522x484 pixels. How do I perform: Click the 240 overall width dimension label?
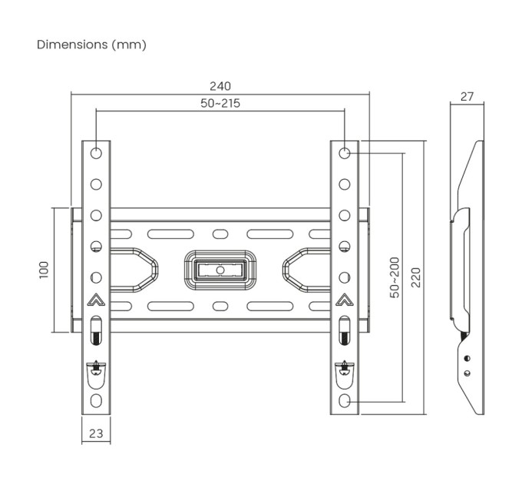(x=220, y=86)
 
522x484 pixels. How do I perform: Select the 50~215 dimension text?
(x=220, y=103)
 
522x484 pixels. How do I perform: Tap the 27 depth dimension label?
(x=467, y=97)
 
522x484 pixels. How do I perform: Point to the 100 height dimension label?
(x=44, y=269)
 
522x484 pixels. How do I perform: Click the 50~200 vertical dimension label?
(x=395, y=277)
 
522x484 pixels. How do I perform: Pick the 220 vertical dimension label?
(x=415, y=277)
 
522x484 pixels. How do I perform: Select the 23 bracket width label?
(x=96, y=433)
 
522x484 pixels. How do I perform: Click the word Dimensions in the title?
(x=73, y=45)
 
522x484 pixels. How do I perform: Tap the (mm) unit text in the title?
(x=129, y=45)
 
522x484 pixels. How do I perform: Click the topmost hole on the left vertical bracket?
(x=96, y=153)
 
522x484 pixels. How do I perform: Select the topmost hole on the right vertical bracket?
(x=345, y=153)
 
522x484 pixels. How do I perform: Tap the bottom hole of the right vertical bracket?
(x=345, y=401)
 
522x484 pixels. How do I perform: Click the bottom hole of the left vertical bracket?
(x=96, y=401)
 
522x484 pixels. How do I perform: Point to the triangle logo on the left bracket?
(x=96, y=300)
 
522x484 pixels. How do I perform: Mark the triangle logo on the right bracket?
(x=345, y=300)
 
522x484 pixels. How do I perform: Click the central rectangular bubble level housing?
(x=220, y=270)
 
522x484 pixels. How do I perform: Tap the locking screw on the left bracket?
(x=96, y=367)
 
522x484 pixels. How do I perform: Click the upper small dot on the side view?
(x=466, y=356)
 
